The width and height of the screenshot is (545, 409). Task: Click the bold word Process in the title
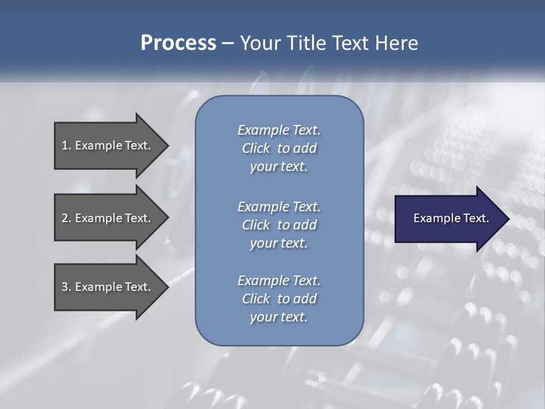coord(178,43)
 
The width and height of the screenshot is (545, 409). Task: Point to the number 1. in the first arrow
coord(66,145)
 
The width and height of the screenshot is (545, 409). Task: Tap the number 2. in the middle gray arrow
coord(66,218)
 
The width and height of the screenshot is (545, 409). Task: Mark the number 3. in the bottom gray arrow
coord(66,287)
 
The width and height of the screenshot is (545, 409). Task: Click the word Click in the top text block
coord(256,148)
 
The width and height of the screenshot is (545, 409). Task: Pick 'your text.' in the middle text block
coord(279,243)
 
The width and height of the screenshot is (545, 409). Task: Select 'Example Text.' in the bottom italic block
coord(279,281)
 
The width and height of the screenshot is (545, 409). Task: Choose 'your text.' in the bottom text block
coord(279,317)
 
